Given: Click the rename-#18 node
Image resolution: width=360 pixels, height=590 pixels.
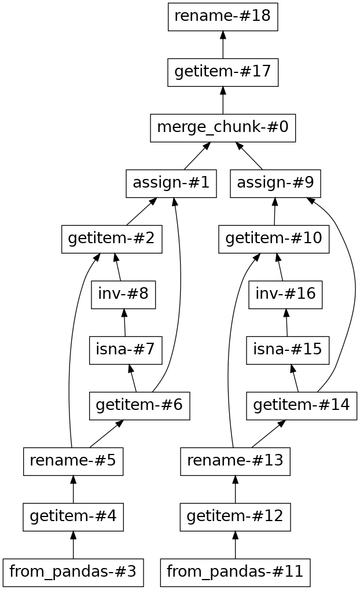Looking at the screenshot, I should click(x=223, y=17).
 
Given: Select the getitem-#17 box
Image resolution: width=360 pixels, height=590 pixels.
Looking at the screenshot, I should click(x=223, y=72).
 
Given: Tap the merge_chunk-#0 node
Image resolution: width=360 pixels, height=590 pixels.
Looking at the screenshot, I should click(x=223, y=128).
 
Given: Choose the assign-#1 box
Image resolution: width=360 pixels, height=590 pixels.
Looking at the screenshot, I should click(x=171, y=184).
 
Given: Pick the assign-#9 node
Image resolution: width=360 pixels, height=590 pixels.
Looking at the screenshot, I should click(x=275, y=184).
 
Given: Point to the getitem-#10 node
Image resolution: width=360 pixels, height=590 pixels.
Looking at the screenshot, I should click(x=274, y=239).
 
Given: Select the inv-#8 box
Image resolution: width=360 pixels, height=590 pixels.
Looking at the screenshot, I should click(x=123, y=295).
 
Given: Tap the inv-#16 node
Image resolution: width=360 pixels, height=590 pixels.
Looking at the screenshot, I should click(x=285, y=295).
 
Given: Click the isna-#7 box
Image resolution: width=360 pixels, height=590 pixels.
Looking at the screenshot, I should click(x=126, y=350).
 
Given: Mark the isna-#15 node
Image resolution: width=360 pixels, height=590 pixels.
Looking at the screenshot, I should click(x=288, y=350).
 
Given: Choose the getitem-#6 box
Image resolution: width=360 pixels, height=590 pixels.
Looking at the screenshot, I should click(x=139, y=406).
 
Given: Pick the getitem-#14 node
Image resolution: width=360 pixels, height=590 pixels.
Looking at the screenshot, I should click(x=302, y=406).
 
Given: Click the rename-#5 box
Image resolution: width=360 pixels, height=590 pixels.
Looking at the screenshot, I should click(x=73, y=461).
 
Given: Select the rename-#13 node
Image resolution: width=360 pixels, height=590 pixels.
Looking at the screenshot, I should click(x=235, y=461).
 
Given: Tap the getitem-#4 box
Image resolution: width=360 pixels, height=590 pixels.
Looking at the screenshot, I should click(x=73, y=517).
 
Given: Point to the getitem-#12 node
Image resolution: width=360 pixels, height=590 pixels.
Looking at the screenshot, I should click(x=235, y=517).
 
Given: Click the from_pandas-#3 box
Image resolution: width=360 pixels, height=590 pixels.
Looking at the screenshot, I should click(x=73, y=573).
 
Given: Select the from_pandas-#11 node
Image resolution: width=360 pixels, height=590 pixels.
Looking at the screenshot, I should click(x=235, y=573).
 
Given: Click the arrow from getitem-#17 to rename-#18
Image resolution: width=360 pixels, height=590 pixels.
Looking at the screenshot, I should click(x=223, y=45).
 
